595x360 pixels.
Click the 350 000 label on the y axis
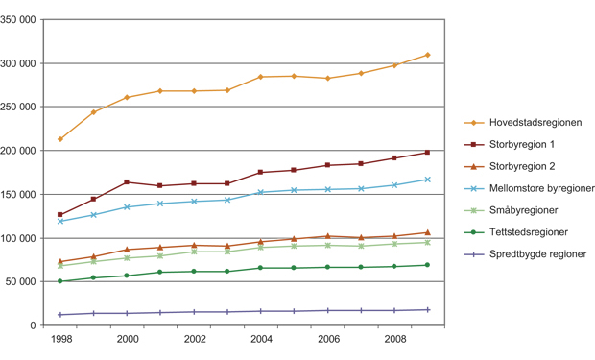(22, 20)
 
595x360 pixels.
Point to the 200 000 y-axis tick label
(22, 151)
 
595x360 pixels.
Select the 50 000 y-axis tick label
(25, 282)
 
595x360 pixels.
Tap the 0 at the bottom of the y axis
(36, 325)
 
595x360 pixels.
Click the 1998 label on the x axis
(59, 340)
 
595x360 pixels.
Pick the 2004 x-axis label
(260, 340)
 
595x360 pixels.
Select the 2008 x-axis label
(393, 340)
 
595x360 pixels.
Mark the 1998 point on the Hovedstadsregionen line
(60, 139)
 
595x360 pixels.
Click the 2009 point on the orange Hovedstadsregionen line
(428, 55)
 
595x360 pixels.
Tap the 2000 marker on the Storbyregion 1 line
(127, 182)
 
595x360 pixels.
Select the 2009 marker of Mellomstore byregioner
(428, 180)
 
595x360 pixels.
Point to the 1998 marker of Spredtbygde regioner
(60, 315)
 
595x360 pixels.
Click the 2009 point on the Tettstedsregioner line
(428, 265)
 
